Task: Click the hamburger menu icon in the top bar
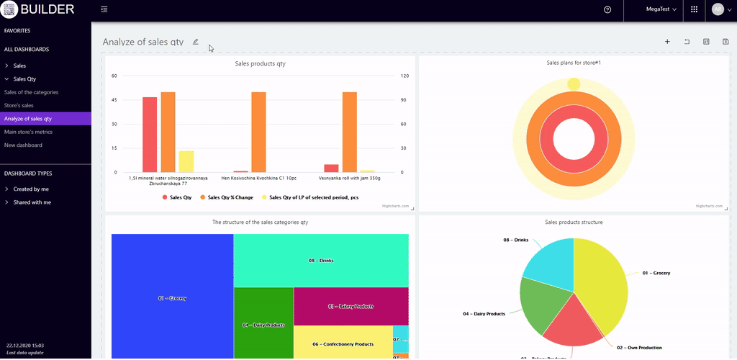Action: pyautogui.click(x=104, y=9)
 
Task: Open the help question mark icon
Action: pyautogui.click(x=607, y=9)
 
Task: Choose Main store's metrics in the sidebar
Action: pyautogui.click(x=28, y=132)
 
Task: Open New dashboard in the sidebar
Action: pyautogui.click(x=23, y=145)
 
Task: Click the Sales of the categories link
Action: pyautogui.click(x=31, y=92)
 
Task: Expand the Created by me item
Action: pyautogui.click(x=31, y=189)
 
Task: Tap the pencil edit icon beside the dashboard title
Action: pyautogui.click(x=195, y=42)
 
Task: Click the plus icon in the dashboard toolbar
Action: pyautogui.click(x=667, y=42)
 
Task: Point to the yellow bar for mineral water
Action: pyautogui.click(x=186, y=161)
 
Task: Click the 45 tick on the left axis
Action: pyautogui.click(x=114, y=100)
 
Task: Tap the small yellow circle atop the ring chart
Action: pyautogui.click(x=574, y=84)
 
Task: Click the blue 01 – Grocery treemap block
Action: pyautogui.click(x=172, y=297)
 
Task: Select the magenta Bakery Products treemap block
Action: pyautogui.click(x=351, y=306)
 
